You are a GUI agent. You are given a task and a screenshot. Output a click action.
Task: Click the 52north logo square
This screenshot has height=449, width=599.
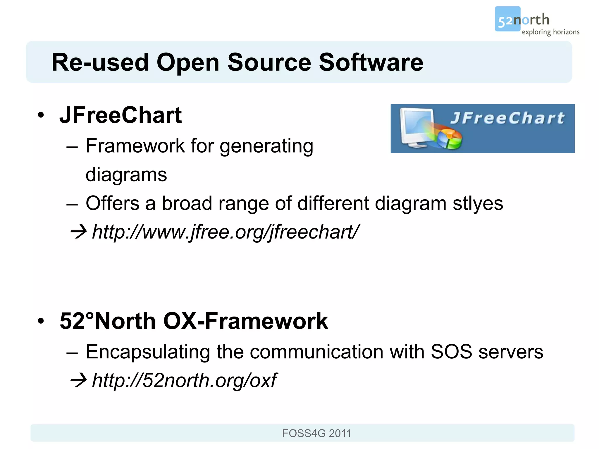tap(507, 19)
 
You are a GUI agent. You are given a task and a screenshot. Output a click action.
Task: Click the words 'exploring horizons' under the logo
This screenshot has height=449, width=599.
tap(550, 32)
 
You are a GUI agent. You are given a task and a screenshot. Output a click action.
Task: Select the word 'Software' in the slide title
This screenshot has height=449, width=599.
tap(371, 62)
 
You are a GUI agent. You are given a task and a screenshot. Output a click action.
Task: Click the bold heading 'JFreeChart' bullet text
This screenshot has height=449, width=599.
tap(121, 115)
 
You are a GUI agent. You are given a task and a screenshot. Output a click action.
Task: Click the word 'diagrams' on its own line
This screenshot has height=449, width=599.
tap(126, 175)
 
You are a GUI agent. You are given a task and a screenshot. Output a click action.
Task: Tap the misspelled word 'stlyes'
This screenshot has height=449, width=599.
tap(478, 203)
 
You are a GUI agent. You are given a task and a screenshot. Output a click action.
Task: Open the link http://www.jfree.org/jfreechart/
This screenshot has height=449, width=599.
tap(225, 232)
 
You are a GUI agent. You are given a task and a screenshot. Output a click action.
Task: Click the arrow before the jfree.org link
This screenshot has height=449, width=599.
tap(78, 232)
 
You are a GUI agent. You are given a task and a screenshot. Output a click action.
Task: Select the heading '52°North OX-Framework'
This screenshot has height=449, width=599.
tap(194, 321)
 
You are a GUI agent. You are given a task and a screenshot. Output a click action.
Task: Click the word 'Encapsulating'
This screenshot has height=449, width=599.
tap(148, 352)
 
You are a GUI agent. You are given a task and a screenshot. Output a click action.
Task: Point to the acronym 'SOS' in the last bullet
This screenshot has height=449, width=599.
tap(451, 352)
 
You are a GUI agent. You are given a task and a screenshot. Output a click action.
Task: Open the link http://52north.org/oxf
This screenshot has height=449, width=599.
tap(184, 380)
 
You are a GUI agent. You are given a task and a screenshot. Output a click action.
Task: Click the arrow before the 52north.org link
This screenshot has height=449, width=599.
tap(78, 380)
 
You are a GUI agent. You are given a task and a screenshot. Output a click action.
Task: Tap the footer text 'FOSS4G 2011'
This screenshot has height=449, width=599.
tap(316, 433)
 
